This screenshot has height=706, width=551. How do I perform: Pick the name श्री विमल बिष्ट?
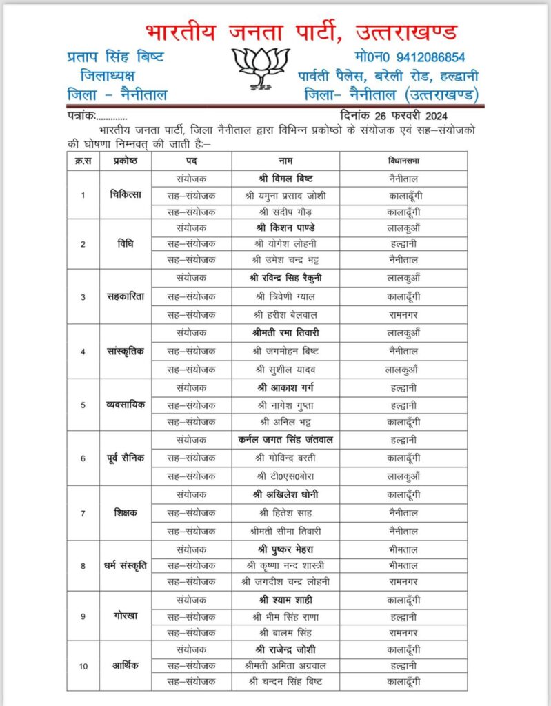point(285,178)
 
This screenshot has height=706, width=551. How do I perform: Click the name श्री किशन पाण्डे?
point(285,228)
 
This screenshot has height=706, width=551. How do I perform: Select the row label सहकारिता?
point(125,296)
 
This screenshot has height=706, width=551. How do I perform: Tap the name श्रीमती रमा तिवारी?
point(285,333)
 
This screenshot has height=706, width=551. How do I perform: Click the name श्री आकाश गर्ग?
point(285,387)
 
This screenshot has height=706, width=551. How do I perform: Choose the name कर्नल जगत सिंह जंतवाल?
point(285,439)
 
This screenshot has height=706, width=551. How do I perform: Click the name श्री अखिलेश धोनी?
point(285,495)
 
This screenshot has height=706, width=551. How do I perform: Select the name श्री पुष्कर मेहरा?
point(285,549)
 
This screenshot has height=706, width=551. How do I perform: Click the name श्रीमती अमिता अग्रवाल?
point(285,665)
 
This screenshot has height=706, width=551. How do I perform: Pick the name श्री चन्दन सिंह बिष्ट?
point(285,682)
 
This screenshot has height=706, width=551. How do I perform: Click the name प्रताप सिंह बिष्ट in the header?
point(116,57)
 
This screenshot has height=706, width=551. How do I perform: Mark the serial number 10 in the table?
point(83,665)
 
